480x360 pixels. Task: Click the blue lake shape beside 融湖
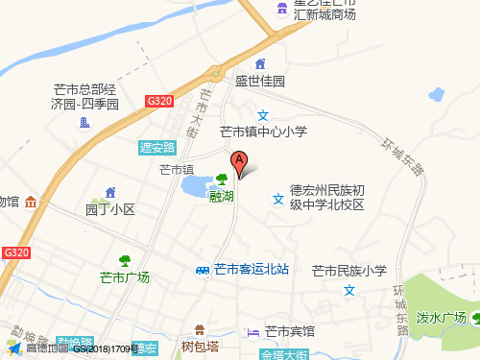click(198, 184)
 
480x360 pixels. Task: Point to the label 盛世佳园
click(261, 82)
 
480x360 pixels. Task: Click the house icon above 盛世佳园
click(260, 64)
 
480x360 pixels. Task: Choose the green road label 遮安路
click(157, 147)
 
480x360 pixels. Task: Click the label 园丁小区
click(110, 209)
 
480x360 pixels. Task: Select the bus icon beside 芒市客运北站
click(203, 270)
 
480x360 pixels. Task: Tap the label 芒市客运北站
click(252, 270)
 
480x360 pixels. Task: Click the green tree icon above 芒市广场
click(125, 260)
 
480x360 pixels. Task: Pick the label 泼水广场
click(442, 318)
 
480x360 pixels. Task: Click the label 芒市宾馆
click(289, 331)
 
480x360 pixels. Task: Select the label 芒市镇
click(177, 169)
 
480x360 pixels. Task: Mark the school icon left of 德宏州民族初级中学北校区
click(277, 199)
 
